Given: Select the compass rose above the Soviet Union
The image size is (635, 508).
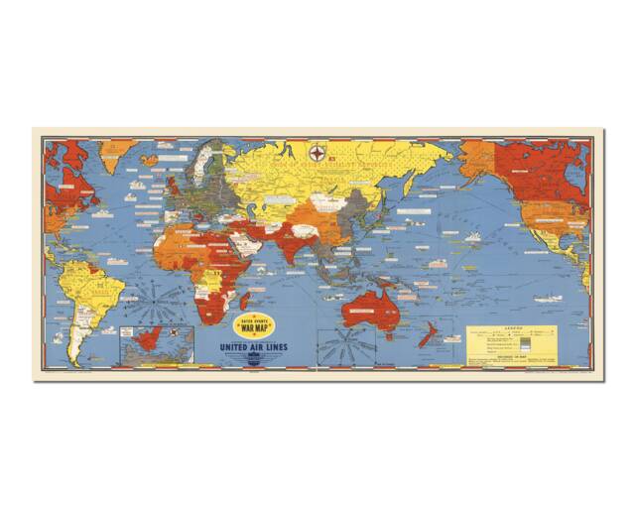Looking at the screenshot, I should [x=318, y=153].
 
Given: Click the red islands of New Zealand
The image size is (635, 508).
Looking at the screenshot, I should [x=427, y=336].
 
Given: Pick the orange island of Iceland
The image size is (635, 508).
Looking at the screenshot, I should [x=149, y=159].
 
